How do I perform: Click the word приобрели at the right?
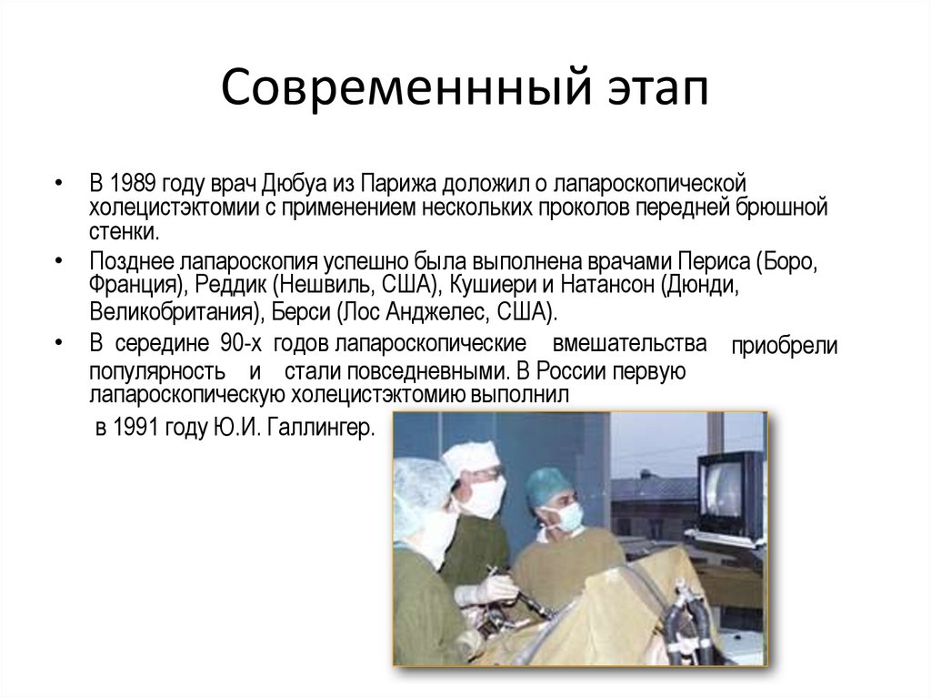(x=785, y=348)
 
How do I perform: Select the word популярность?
(x=157, y=372)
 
